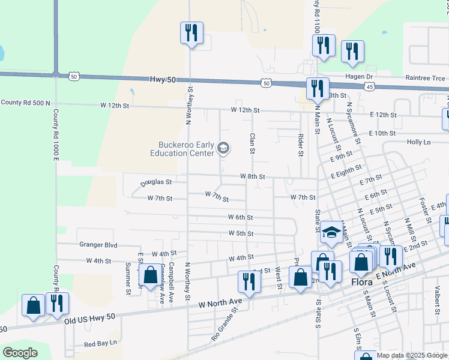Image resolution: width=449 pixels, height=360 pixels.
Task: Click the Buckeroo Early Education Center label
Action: point(182,149)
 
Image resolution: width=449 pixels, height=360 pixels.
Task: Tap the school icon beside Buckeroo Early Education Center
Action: point(223,148)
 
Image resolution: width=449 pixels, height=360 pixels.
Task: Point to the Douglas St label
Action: point(156,181)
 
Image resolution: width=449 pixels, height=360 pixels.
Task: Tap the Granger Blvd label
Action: point(98,245)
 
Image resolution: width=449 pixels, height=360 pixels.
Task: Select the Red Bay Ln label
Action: point(100,344)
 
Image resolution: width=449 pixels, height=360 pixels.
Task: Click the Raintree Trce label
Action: point(425,78)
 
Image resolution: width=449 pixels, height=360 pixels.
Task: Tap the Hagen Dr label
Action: point(360,77)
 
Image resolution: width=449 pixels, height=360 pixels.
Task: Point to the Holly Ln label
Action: point(418,142)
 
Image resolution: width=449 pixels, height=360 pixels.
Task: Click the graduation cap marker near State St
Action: point(331,233)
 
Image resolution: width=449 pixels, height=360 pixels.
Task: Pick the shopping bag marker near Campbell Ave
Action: point(150,275)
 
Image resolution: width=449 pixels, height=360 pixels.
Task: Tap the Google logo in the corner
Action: point(20,353)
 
